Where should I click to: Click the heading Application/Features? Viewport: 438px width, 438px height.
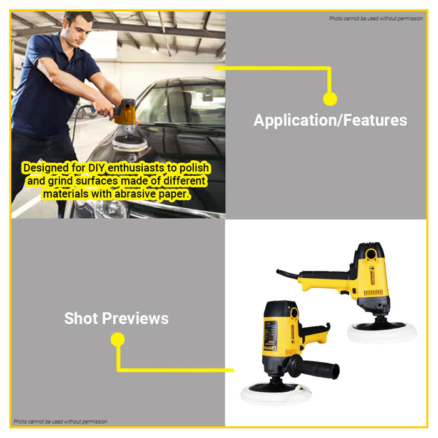point(330,121)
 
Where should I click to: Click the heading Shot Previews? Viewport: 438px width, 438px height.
point(116,318)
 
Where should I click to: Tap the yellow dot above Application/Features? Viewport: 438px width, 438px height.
point(330,99)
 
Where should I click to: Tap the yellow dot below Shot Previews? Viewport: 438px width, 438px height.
point(118,339)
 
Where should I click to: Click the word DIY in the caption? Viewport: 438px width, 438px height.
point(96,168)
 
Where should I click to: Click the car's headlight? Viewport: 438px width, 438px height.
point(106,208)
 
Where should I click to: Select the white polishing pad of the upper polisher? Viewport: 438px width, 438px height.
point(382,332)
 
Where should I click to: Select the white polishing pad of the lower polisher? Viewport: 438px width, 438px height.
point(276,394)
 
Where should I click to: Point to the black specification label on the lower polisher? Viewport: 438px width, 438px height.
point(271,335)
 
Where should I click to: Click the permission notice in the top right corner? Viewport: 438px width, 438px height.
point(375,18)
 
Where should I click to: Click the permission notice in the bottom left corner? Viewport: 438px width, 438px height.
point(60,422)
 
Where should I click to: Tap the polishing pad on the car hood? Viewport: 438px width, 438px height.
point(130,143)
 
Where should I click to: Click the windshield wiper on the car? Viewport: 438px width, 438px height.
point(181,125)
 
